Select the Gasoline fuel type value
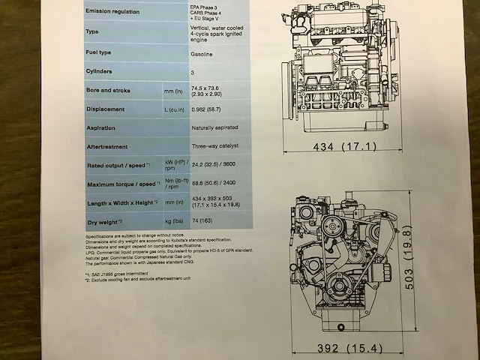click(205, 52)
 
